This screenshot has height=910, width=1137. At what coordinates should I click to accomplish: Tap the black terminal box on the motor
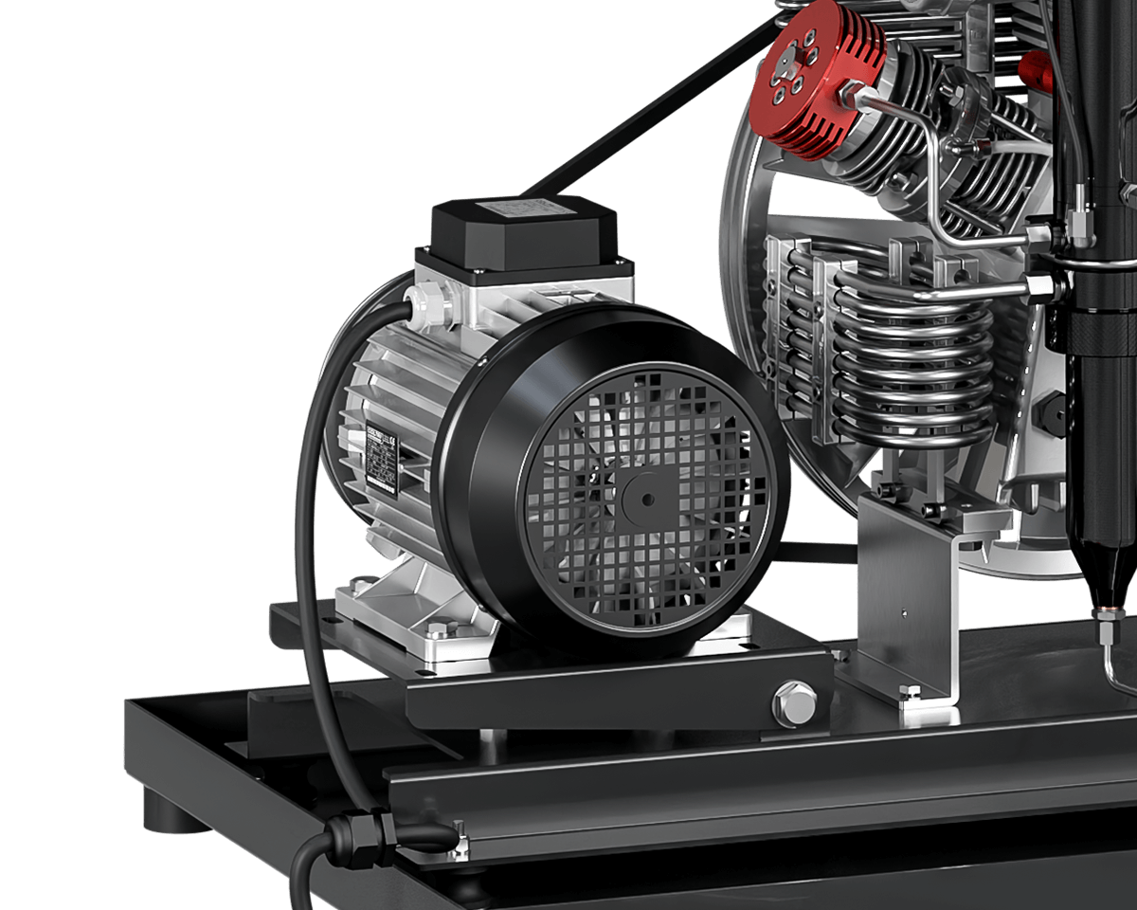click(x=524, y=232)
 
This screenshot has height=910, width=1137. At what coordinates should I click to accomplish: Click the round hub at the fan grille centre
click(x=646, y=499)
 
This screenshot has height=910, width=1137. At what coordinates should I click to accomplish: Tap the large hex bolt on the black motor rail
click(x=794, y=702)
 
